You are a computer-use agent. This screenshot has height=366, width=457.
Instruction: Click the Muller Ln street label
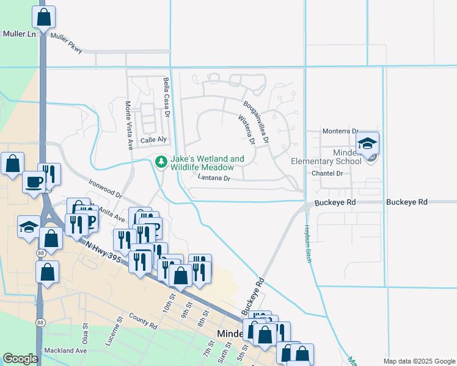(19, 34)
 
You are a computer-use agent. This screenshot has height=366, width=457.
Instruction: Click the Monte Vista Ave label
(129, 125)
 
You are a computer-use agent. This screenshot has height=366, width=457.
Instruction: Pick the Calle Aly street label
(153, 140)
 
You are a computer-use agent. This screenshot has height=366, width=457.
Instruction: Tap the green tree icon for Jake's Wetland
(161, 162)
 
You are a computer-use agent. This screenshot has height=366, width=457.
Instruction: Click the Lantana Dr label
(214, 178)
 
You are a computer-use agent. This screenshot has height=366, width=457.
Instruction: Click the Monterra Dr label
(340, 131)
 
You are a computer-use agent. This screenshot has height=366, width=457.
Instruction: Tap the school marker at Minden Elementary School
(367, 144)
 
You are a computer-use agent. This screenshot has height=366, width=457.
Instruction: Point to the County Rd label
(143, 323)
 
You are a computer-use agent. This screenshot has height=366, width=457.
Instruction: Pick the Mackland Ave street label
(65, 351)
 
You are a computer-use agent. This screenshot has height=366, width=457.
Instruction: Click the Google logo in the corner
(20, 359)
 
